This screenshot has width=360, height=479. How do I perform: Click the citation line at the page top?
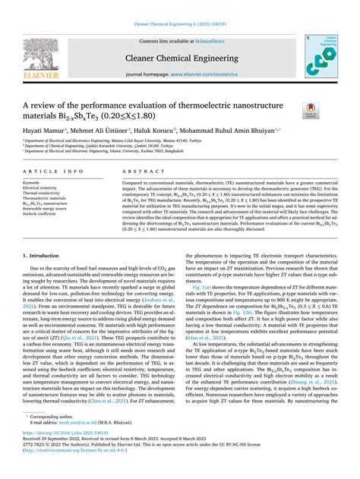tap(179, 25)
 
